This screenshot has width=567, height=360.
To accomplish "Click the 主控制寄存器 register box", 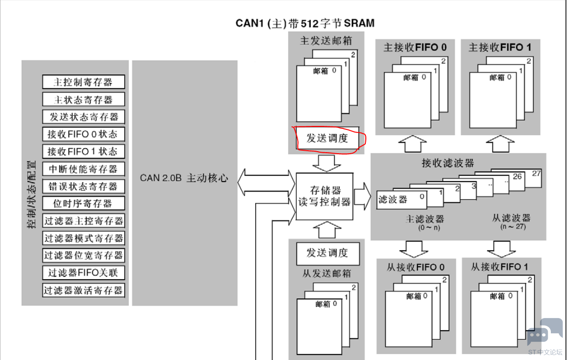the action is click(83, 82).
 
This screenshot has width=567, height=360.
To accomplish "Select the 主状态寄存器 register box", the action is click(83, 100).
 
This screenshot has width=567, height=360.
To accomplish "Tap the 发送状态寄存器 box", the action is click(83, 116).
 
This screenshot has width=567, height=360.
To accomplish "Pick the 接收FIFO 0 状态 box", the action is click(83, 134).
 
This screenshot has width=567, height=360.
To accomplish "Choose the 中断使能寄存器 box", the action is click(83, 169).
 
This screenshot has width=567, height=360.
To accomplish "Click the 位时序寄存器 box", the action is click(83, 203).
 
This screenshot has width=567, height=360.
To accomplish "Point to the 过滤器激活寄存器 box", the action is click(83, 290).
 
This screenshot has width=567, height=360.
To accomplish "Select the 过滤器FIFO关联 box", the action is click(83, 273).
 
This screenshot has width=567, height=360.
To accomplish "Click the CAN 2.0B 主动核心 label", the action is click(184, 178).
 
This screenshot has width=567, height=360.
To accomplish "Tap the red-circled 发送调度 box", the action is click(327, 138).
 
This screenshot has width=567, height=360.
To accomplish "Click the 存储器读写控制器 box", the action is click(324, 197).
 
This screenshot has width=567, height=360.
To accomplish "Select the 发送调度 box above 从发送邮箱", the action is click(327, 253).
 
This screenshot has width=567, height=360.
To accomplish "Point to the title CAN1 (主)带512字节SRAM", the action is click(305, 23).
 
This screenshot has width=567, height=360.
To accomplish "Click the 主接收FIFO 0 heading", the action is click(415, 48).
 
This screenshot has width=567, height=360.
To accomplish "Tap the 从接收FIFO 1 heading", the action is click(499, 267).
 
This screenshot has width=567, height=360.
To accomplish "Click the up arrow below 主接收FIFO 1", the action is click(500, 144).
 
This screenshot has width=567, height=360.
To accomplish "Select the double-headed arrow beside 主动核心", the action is click(266, 183).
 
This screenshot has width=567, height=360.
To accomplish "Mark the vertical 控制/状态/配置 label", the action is click(32, 194).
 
